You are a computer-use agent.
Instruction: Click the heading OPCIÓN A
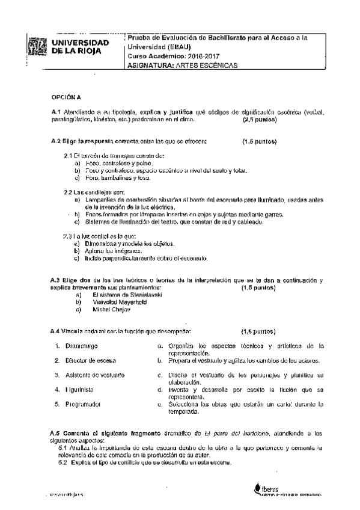(61, 96)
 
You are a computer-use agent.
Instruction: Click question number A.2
(56, 142)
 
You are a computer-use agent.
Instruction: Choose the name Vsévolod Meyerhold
(119, 303)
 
